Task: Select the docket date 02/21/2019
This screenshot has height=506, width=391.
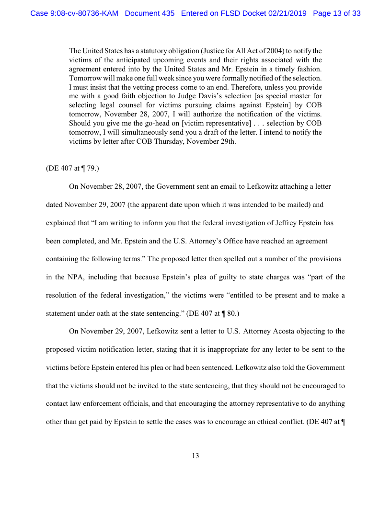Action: (287, 13)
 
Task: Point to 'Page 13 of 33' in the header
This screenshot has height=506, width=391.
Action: (336, 13)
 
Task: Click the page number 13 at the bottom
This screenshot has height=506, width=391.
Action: (195, 456)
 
